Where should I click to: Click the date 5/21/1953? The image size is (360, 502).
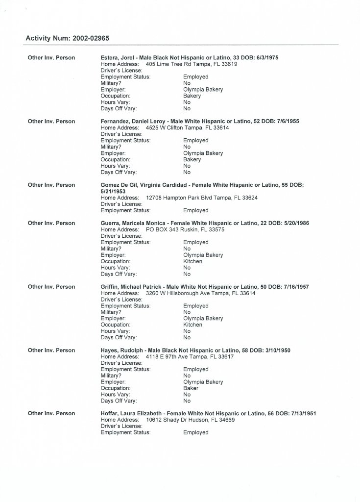113,191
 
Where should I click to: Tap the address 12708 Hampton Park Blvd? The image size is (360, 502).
181,198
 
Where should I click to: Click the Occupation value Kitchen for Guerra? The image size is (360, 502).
192,261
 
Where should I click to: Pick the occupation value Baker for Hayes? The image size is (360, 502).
191,388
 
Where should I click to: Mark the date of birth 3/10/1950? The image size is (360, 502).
280,350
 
